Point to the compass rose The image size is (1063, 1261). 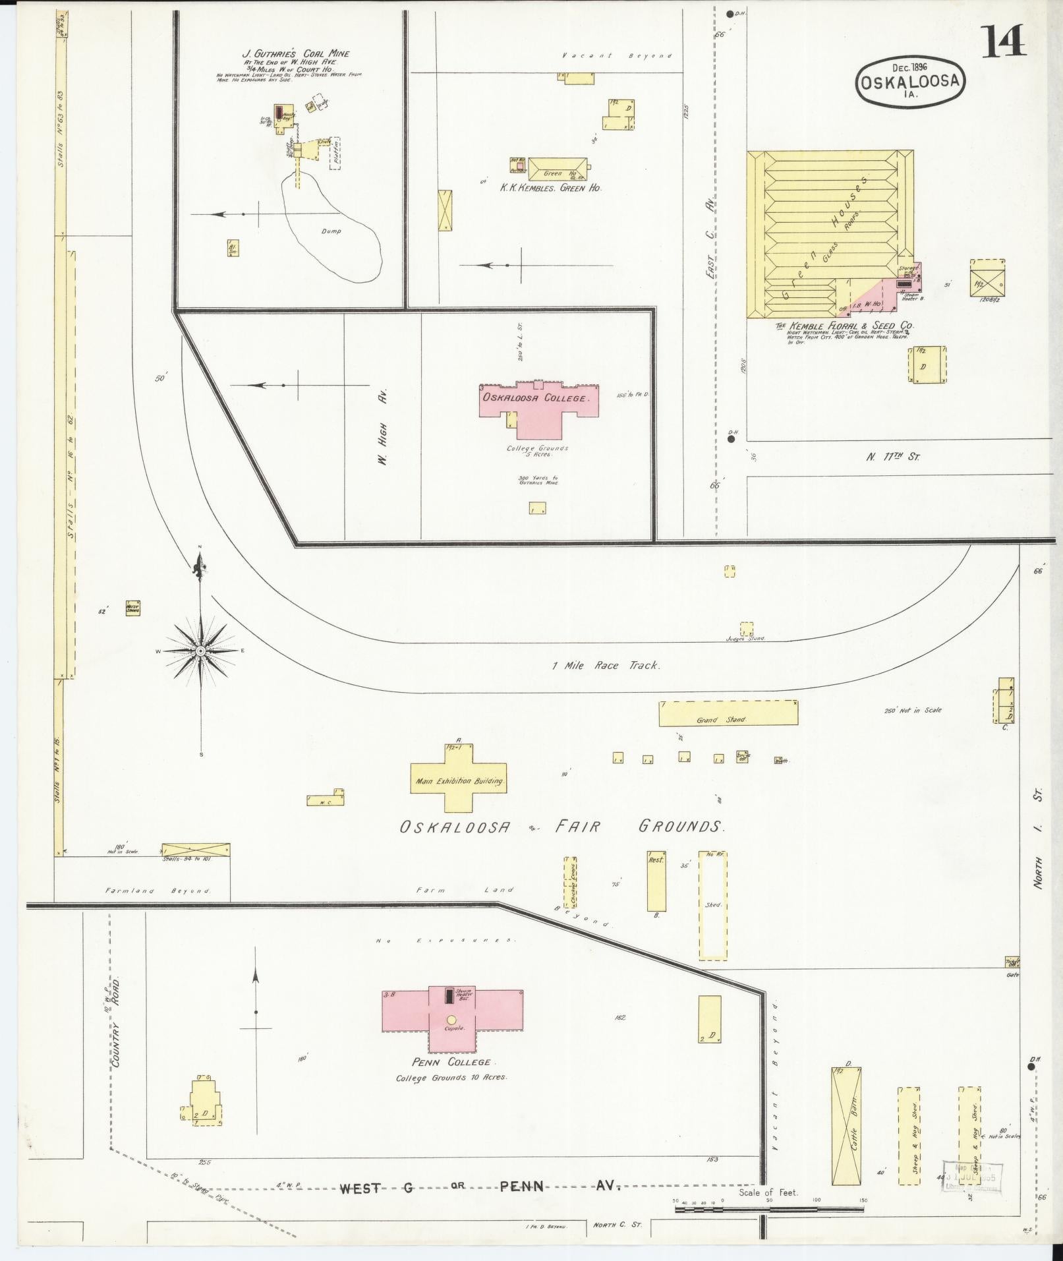click(201, 651)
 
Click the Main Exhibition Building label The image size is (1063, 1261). click(459, 781)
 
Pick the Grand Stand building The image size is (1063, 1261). click(728, 713)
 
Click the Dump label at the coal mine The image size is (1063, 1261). click(331, 231)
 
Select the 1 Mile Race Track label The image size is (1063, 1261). click(606, 665)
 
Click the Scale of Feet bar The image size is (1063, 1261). click(768, 1209)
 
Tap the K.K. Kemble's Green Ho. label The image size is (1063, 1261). click(551, 188)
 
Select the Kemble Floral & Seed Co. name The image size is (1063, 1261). click(844, 326)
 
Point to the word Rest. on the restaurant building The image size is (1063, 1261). click(656, 860)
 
